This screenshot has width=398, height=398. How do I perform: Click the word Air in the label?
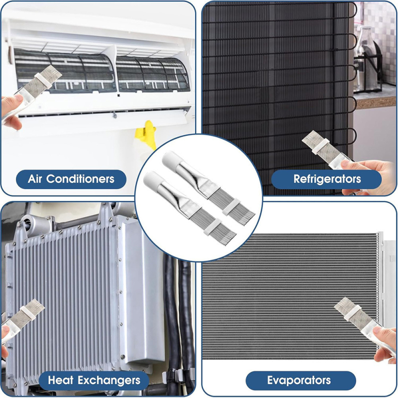[x=35, y=179]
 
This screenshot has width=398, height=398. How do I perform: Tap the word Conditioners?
[x=80, y=179]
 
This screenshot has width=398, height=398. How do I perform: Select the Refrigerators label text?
[x=327, y=179]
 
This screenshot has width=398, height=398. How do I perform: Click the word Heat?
[x=60, y=380]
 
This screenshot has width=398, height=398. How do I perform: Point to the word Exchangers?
[x=109, y=381]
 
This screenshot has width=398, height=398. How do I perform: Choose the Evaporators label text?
[x=299, y=380]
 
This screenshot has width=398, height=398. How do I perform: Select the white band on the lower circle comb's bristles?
[x=212, y=226]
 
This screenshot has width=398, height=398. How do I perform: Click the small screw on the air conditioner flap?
[x=115, y=116]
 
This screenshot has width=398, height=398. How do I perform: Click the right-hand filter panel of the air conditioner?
[x=153, y=74]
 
